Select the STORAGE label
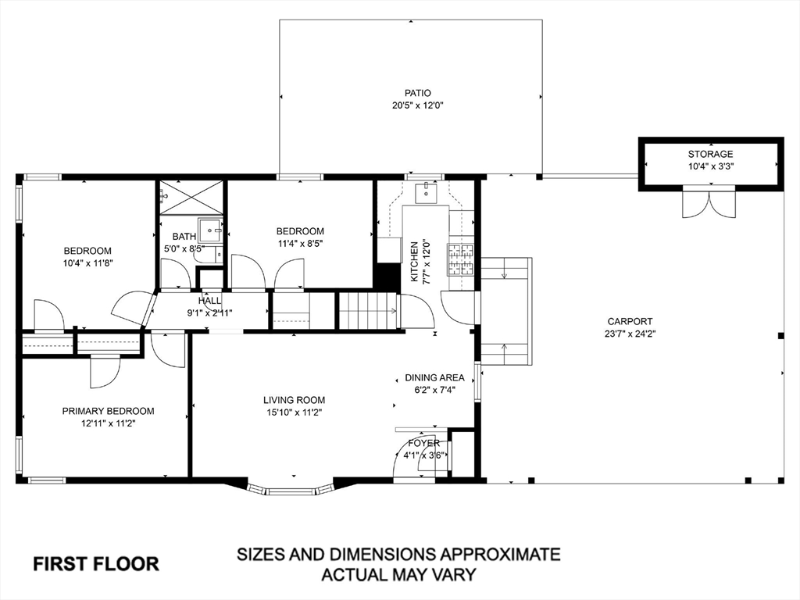coord(710,154)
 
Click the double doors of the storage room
coord(709,203)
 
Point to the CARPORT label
coord(630,321)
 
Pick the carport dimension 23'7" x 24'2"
coord(630,334)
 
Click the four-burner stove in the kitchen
coord(460,259)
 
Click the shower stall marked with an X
coord(191,197)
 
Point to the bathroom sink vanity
coord(210,230)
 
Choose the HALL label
coord(209,300)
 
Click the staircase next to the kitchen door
coord(367,310)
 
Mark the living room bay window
coord(290,490)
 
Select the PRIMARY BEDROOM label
coord(108,411)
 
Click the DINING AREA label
coord(434,377)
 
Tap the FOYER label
coord(422,443)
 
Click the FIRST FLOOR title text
coord(95,563)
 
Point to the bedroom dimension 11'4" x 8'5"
coord(300,243)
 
